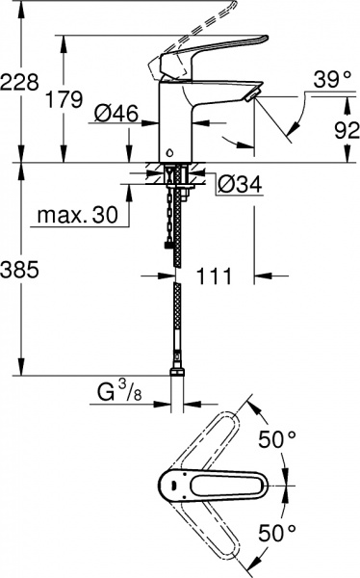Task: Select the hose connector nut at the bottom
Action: (x=177, y=370)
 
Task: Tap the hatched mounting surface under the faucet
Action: (x=153, y=175)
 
